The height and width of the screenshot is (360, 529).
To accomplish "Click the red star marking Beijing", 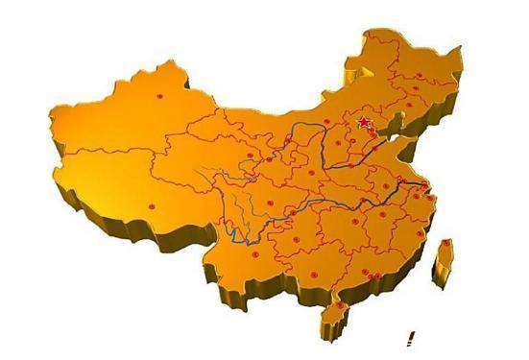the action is (x=364, y=123).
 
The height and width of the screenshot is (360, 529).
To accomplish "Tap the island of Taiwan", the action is (x=444, y=262).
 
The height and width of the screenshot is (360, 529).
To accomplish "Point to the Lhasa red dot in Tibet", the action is (x=152, y=204).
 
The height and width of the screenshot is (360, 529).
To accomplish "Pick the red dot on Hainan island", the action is (x=336, y=309).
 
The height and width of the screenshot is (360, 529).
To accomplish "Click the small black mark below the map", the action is (x=410, y=338).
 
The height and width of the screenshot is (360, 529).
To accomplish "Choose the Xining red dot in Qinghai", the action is (x=249, y=155).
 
